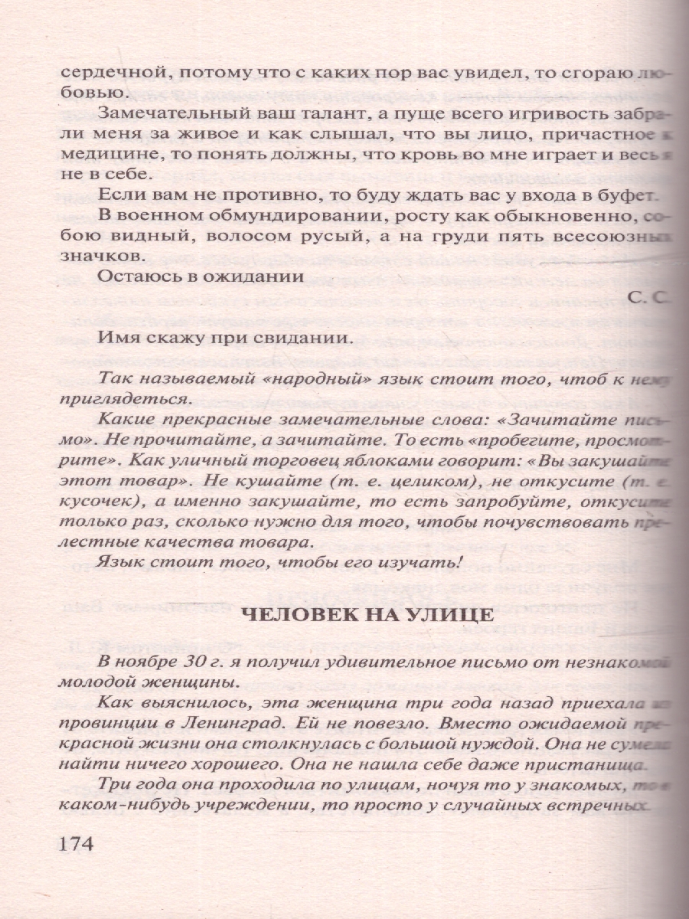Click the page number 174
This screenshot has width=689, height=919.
coord(75,844)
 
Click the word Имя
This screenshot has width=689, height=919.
coord(117,338)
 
